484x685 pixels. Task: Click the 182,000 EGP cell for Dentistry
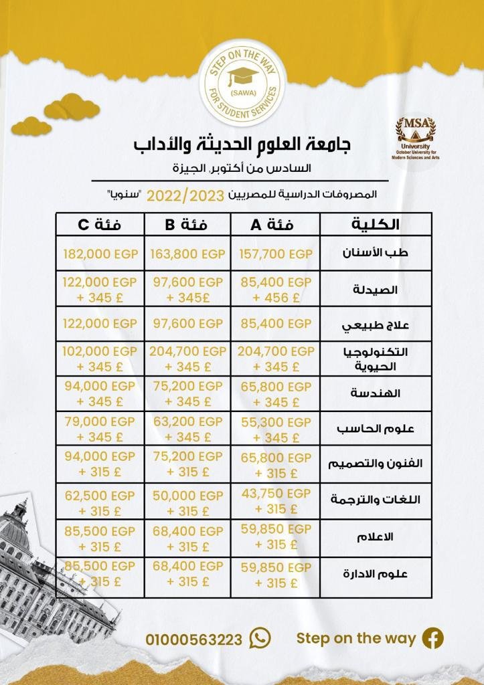(x=100, y=254)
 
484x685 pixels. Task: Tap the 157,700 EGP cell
(x=276, y=254)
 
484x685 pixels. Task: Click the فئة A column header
(x=276, y=225)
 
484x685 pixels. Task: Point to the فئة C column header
(x=100, y=225)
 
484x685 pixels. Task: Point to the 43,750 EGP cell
(x=276, y=492)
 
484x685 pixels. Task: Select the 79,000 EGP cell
(x=100, y=422)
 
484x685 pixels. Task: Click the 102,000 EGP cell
(x=100, y=351)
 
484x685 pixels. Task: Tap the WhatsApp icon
(x=260, y=638)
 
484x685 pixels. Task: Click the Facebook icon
(x=432, y=638)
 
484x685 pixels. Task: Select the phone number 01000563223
(x=193, y=640)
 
